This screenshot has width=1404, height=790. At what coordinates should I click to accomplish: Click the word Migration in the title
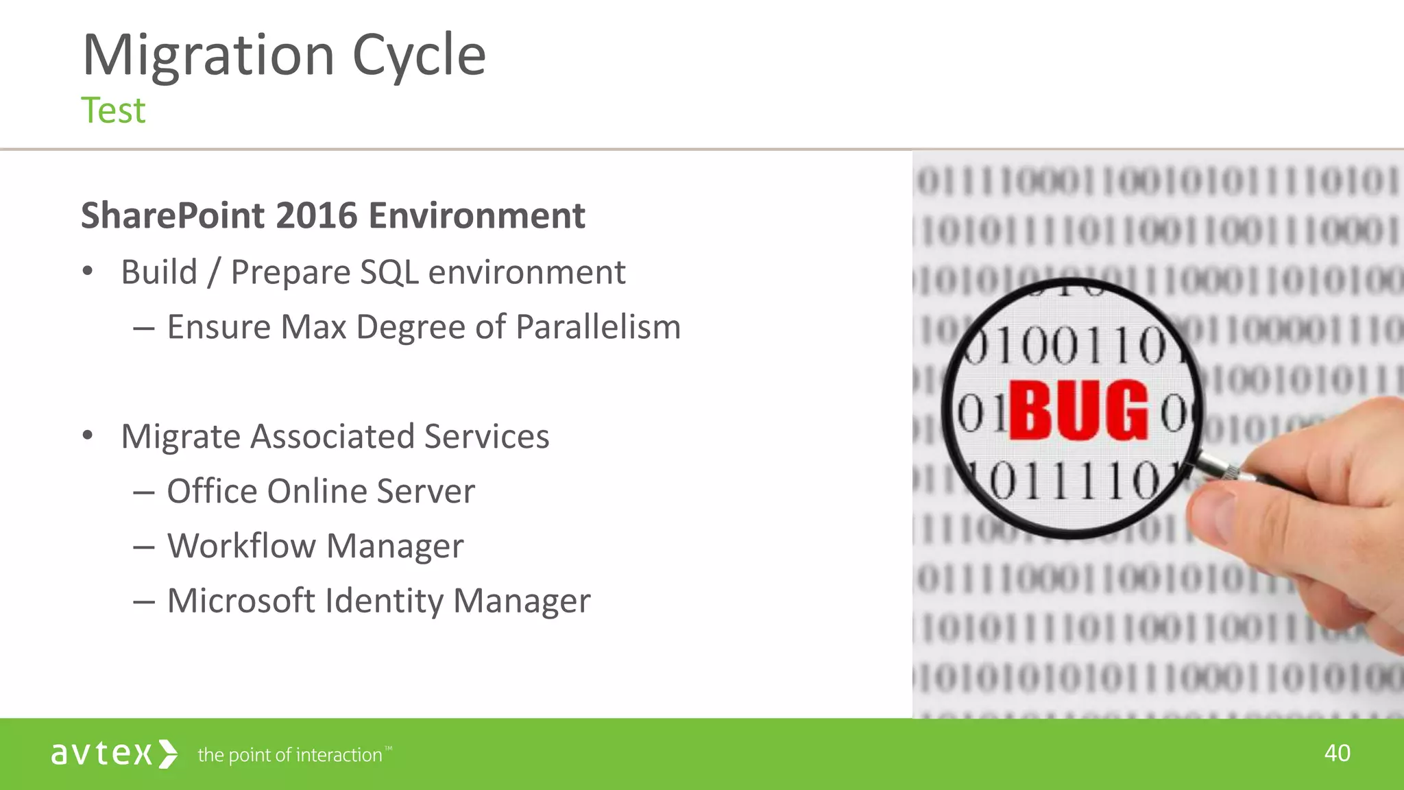coord(208,55)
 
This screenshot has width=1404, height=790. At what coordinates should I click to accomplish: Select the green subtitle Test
coord(113,110)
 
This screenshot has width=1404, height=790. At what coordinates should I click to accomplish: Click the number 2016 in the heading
coord(317,216)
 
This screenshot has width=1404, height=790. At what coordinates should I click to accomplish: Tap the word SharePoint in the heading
coord(172,216)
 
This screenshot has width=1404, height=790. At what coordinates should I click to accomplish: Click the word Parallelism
coord(598,327)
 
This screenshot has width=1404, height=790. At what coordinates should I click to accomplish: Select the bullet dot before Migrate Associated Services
coord(87,435)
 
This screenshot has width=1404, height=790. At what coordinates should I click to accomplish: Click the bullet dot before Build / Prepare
coord(87,272)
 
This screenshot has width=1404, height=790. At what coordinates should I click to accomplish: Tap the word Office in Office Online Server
coord(212,491)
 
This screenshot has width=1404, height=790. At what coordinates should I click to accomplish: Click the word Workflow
coord(242,546)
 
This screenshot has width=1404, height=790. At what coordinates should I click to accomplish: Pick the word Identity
coord(384,601)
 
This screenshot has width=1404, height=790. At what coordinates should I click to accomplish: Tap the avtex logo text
coord(101,754)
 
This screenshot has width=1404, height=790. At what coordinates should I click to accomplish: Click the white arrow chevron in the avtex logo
coord(168,754)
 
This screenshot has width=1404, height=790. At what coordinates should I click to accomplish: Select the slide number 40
coord(1337,753)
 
